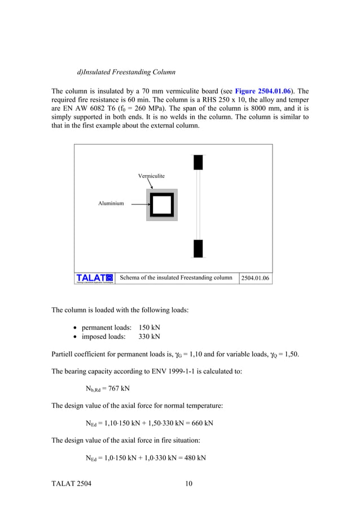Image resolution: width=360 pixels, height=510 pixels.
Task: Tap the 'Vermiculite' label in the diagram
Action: coord(151,176)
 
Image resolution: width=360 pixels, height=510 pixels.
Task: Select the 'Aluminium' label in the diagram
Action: coord(111,203)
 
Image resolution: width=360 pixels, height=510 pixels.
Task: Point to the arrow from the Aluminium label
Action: coord(136,203)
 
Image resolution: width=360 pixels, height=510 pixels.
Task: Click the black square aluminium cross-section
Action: coord(162,204)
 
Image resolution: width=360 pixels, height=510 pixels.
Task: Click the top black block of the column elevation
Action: coord(198,162)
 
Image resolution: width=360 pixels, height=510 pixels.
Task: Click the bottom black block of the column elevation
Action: coord(198,248)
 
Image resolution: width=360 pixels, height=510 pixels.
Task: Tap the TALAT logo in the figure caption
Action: coord(95,278)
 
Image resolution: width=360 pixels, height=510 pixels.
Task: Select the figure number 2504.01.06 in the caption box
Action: coord(255,278)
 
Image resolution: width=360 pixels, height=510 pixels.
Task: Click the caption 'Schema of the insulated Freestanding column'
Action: coord(176,278)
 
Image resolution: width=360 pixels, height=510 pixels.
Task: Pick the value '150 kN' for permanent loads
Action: coord(150,328)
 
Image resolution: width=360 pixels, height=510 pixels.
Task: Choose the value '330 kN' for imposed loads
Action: coord(150,337)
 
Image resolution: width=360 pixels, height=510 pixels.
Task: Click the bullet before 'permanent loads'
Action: coord(76,328)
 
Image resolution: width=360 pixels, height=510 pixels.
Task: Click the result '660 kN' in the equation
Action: coord(201,423)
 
